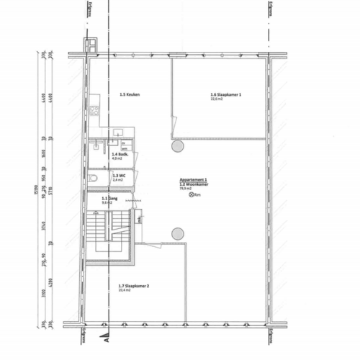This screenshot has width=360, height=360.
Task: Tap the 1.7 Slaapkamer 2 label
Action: [x=133, y=287]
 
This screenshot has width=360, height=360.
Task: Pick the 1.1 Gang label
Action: [x=109, y=199]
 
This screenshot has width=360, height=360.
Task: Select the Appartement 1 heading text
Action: [x=194, y=179]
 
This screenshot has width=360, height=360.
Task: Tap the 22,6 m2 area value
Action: [x=217, y=99]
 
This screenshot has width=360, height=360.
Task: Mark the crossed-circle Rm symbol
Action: [x=192, y=194]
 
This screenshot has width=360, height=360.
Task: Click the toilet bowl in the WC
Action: [x=93, y=178]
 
